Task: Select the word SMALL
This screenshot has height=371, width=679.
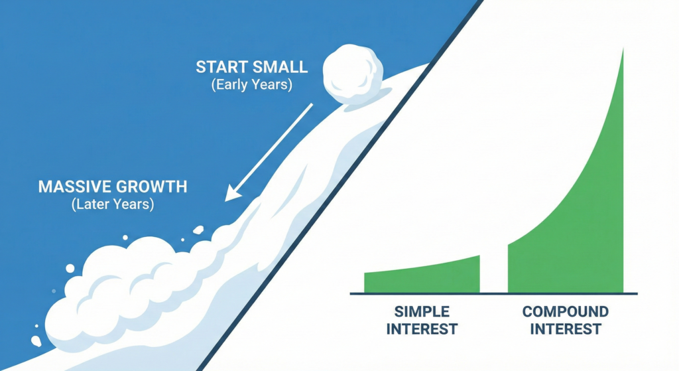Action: pos(281,67)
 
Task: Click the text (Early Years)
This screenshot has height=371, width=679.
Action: pos(253,86)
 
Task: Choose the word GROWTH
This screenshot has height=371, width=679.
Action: pos(152,186)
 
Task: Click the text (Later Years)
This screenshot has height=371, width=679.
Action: pos(113,204)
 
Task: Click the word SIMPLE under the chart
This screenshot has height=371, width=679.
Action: pos(422,311)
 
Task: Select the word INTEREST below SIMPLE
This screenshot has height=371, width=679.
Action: pos(422,329)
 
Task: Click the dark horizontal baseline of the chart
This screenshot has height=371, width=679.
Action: pos(493,293)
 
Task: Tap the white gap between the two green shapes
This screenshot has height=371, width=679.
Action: pos(493,272)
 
